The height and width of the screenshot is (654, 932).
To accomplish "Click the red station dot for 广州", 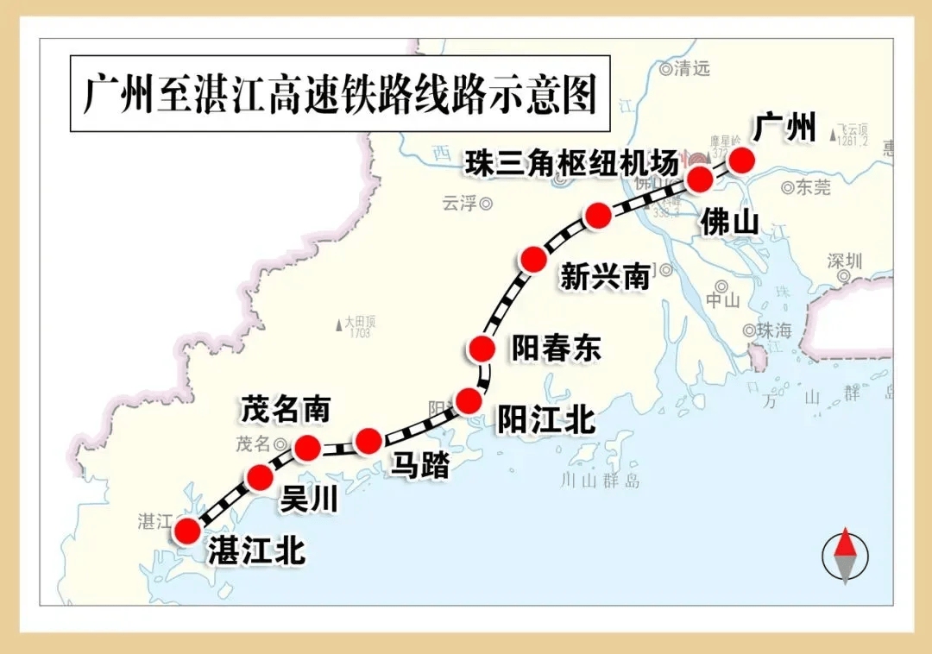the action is [x=740, y=160].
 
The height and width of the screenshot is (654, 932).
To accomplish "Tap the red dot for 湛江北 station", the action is [x=187, y=531].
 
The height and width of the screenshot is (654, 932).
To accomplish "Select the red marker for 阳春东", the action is [x=482, y=349].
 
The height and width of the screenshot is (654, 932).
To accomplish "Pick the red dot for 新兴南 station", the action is [x=534, y=258].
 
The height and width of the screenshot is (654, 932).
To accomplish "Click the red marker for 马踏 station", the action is [x=368, y=441].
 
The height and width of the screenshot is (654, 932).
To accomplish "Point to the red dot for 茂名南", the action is [x=307, y=448].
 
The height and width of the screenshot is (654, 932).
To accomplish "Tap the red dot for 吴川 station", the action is [x=260, y=477].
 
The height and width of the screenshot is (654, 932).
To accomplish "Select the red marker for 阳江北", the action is [x=469, y=401].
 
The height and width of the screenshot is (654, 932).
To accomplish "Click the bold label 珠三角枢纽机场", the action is [x=571, y=162].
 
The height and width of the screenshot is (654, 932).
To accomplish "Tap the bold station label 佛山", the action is [x=729, y=222].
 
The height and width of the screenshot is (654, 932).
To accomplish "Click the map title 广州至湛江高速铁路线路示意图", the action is [x=340, y=94].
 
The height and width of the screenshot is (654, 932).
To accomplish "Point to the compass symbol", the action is [x=845, y=555].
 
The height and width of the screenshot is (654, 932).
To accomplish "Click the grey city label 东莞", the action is [x=812, y=187].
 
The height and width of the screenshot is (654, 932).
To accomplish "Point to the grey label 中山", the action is [x=722, y=300].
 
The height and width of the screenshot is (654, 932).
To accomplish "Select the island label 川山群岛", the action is [x=600, y=481].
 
